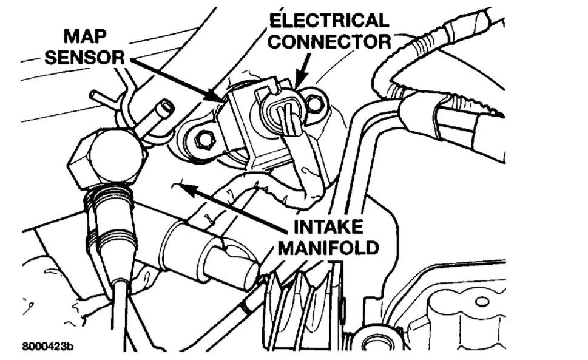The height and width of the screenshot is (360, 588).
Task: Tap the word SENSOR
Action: coord(97,58)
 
